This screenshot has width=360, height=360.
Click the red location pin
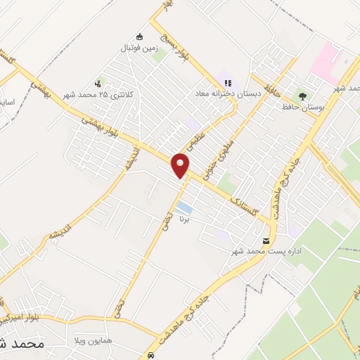(x=181, y=165)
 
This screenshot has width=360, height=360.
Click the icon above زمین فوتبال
(x=140, y=37)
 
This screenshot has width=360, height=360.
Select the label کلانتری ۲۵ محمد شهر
(x=105, y=94)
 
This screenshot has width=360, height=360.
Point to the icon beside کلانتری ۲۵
(x=101, y=82)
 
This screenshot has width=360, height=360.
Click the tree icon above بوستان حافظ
(x=303, y=95)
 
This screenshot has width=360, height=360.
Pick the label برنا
(x=183, y=219)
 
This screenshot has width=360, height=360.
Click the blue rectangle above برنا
(x=184, y=207)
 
